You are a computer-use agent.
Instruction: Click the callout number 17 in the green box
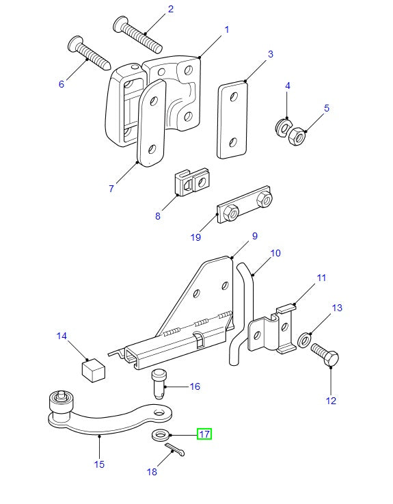pos(204,434)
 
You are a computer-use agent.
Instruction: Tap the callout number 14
pos(62,336)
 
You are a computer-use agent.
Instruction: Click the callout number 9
pos(254,236)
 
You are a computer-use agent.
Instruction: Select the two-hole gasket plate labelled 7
pos(151,123)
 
